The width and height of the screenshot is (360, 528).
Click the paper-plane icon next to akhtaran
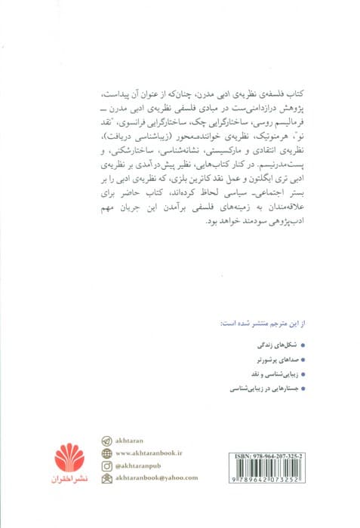coord(106,441)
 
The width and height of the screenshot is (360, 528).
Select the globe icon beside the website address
coord(106,453)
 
